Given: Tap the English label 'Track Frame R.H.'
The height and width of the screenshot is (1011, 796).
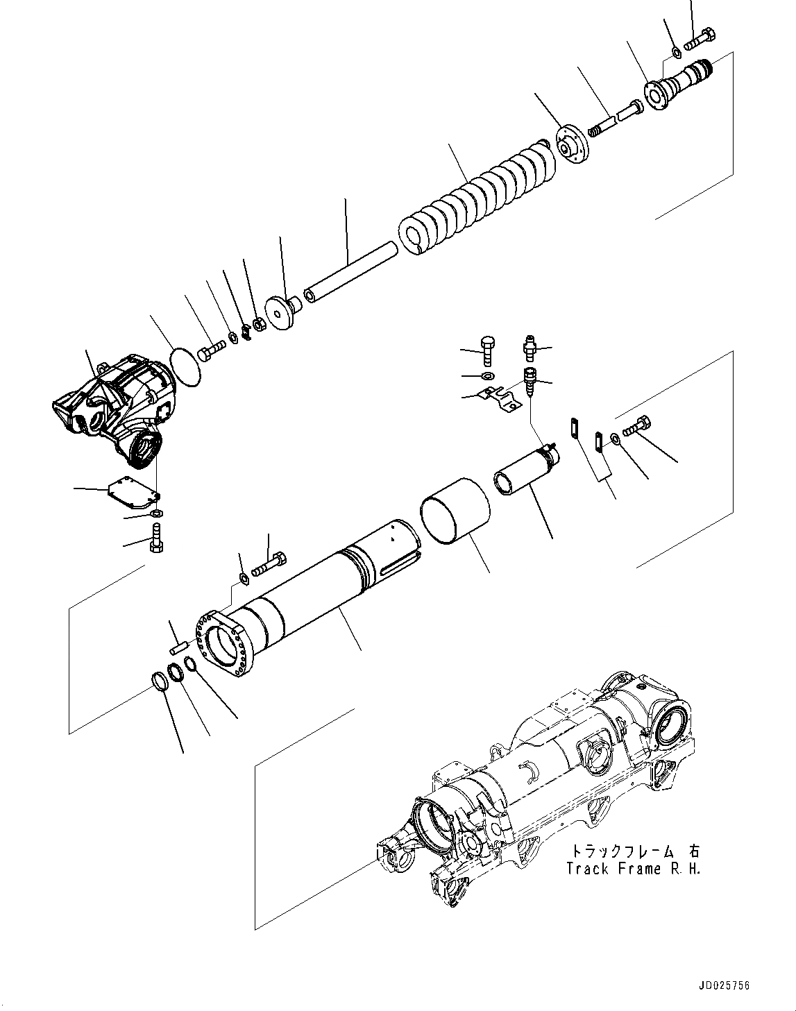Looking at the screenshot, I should pyautogui.click(x=633, y=869).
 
